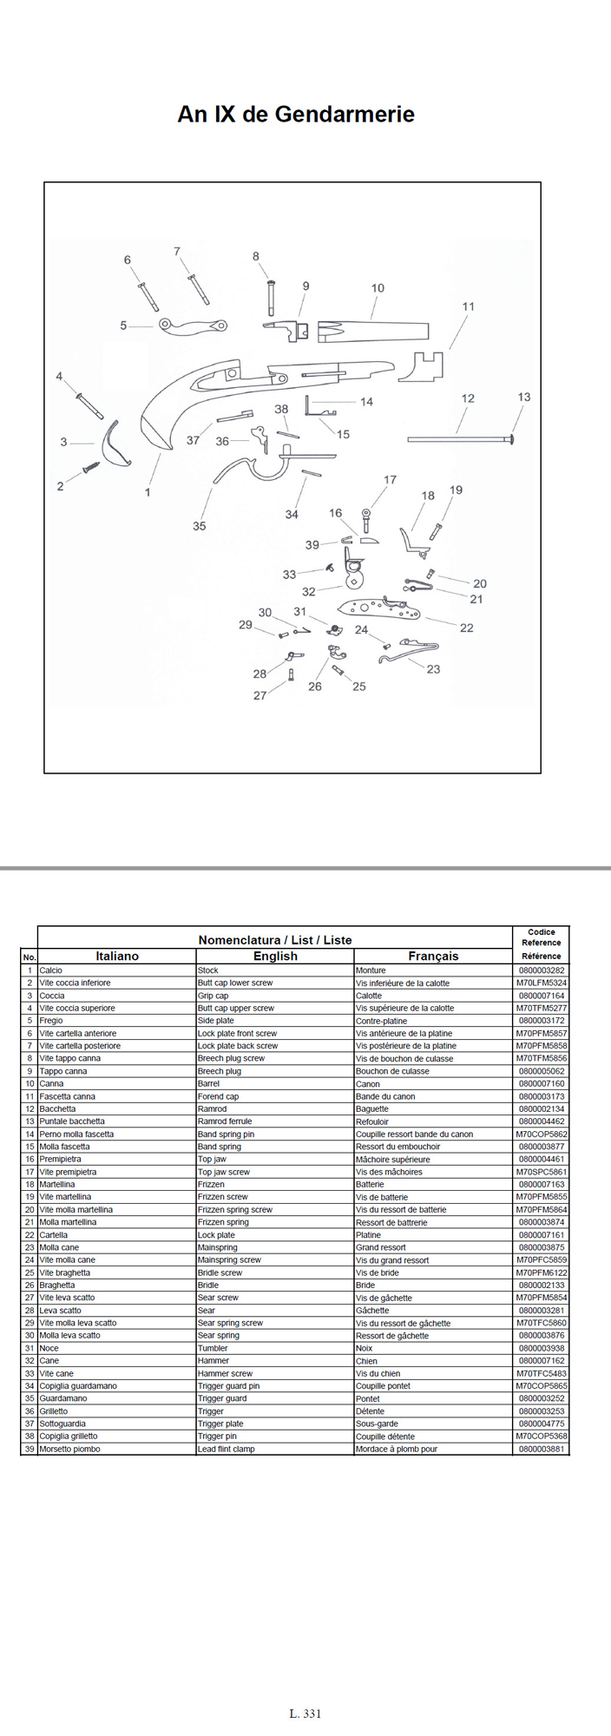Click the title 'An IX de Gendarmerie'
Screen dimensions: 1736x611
click(x=296, y=115)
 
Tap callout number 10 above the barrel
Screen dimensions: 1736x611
click(x=378, y=288)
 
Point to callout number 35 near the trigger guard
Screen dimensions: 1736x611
click(x=200, y=526)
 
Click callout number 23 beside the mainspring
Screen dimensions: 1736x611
click(x=433, y=669)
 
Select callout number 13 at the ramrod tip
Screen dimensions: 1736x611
click(x=523, y=397)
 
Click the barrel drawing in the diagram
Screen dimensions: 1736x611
click(x=373, y=331)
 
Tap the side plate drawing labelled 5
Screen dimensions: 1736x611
click(x=193, y=326)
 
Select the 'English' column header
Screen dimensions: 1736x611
click(x=275, y=956)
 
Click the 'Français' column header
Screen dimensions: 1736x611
click(x=433, y=956)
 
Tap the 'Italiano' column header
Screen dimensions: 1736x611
click(x=117, y=956)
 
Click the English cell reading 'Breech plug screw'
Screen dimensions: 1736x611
click(x=231, y=1058)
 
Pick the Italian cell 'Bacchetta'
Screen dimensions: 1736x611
click(x=57, y=1108)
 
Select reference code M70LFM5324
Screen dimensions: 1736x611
click(x=542, y=983)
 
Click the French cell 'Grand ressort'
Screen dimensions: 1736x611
click(x=381, y=1247)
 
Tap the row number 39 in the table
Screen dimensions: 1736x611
click(x=30, y=1449)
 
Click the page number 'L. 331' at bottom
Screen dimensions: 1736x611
click(x=305, y=1713)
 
